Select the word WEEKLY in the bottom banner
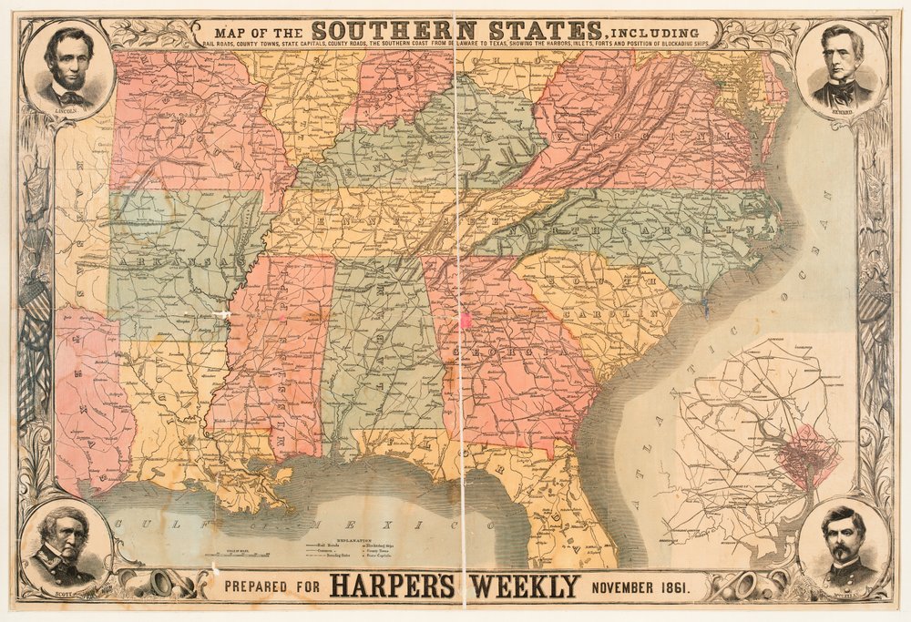520,585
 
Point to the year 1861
677,585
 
